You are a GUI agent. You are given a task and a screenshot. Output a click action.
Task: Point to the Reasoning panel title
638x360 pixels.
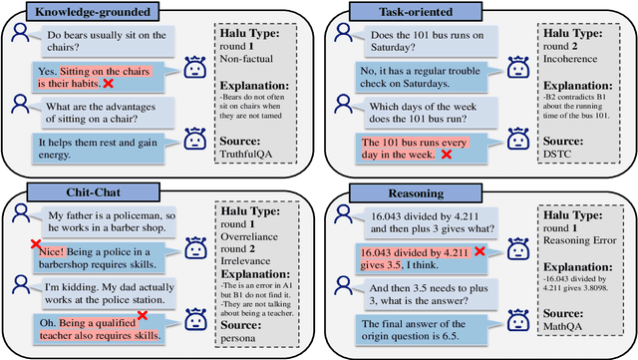402,190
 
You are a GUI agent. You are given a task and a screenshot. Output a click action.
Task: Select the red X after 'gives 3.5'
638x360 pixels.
480,252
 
